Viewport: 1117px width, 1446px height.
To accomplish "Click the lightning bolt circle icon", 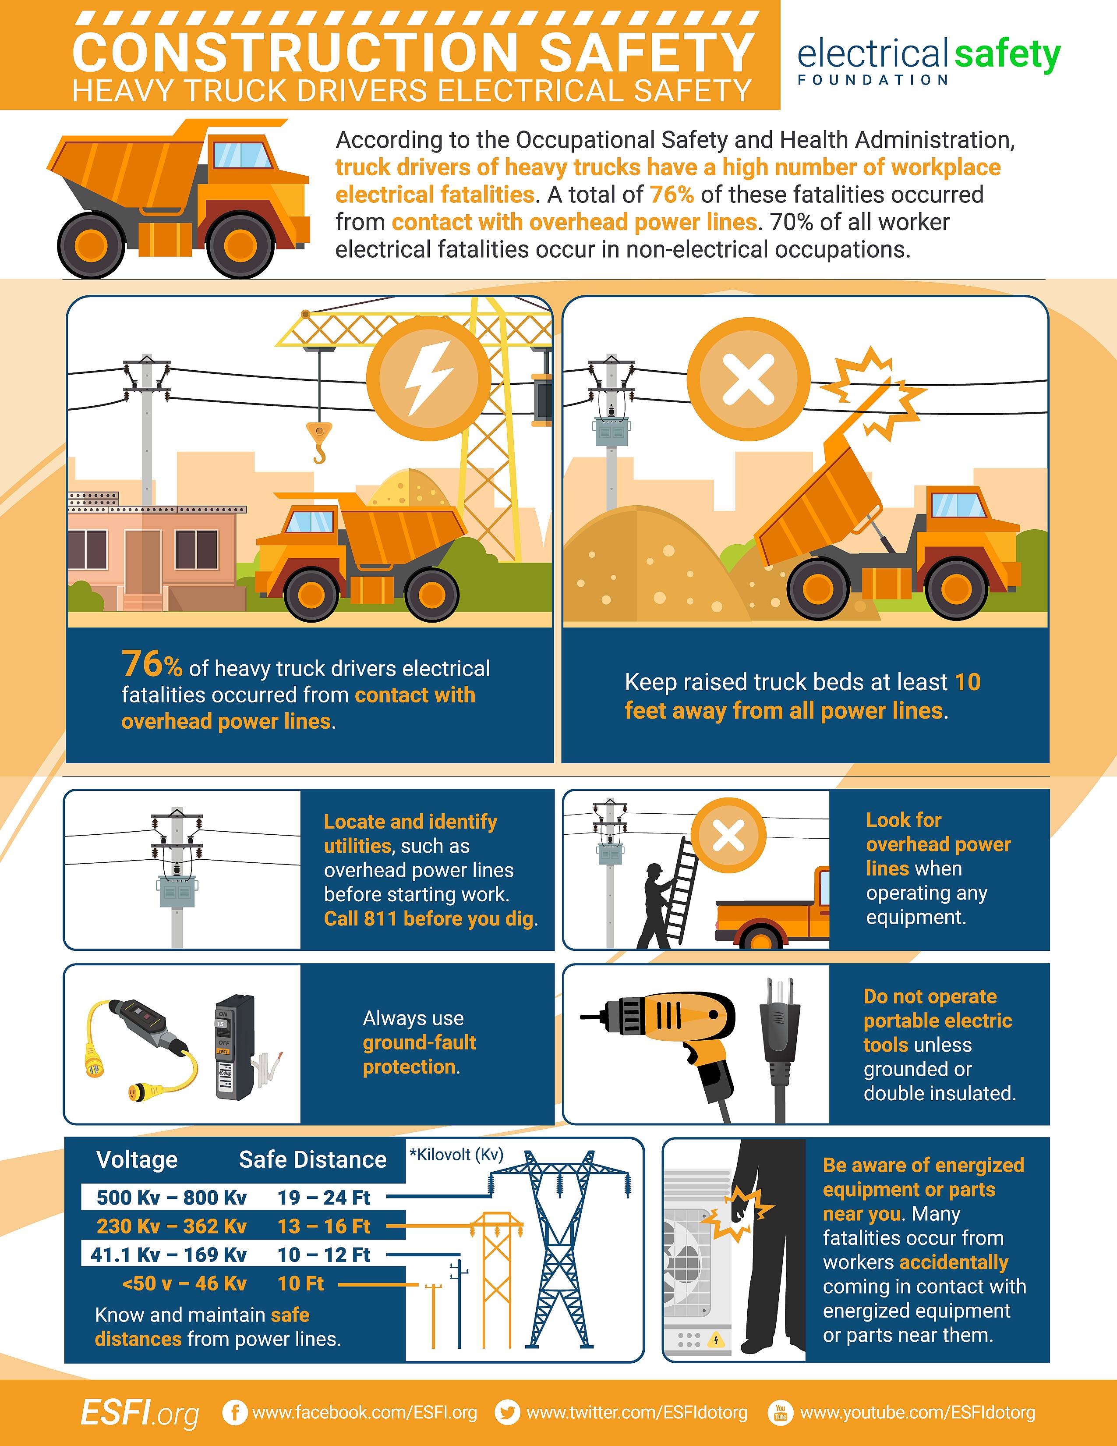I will pyautogui.click(x=428, y=378).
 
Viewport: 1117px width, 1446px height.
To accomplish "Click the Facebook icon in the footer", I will pyautogui.click(x=233, y=1412).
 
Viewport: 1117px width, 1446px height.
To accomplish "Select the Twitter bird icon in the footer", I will pyautogui.click(x=508, y=1412).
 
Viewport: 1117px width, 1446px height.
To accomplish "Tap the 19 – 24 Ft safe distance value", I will pyautogui.click(x=324, y=1197).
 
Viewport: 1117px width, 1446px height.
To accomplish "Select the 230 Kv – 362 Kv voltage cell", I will pyautogui.click(x=171, y=1226).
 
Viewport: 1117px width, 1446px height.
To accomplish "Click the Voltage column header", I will pyautogui.click(x=137, y=1159).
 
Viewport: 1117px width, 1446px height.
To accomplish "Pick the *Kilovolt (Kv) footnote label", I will pyautogui.click(x=456, y=1155).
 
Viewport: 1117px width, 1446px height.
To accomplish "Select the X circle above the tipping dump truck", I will pyautogui.click(x=749, y=379).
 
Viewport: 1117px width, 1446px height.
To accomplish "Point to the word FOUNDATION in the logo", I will pyautogui.click(x=873, y=80).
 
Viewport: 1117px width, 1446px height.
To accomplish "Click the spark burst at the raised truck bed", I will pyautogui.click(x=876, y=392).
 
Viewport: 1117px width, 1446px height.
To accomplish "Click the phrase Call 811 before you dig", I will pyautogui.click(x=430, y=919).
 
